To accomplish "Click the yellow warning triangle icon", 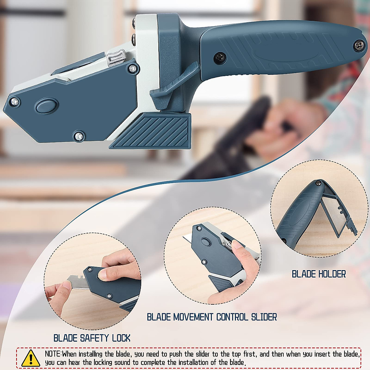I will tap(31, 358).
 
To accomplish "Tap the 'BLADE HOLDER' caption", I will tap(319, 274).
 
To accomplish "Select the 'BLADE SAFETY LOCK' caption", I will tap(92, 338).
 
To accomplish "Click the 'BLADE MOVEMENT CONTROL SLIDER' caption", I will tap(212, 317).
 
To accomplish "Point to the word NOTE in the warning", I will tap(53, 354).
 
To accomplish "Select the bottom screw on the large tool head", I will tap(79, 135).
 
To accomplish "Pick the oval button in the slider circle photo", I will tap(205, 241).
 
